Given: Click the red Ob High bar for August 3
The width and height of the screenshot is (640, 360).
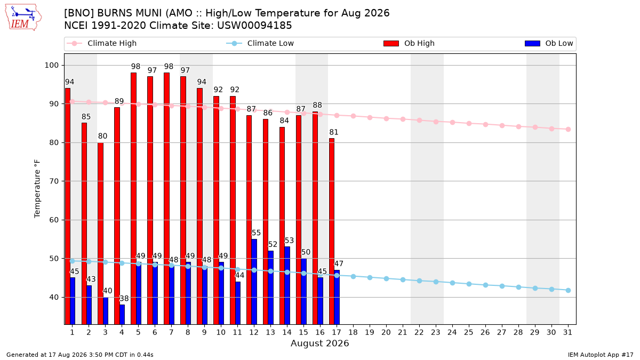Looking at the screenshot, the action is [x=101, y=234].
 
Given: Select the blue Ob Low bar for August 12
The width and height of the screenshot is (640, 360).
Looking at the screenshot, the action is [x=254, y=282].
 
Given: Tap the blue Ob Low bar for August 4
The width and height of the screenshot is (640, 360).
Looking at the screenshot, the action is [x=122, y=315].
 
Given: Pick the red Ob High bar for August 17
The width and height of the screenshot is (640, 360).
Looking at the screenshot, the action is [x=332, y=231].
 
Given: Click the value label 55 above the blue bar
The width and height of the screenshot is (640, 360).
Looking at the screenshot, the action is [x=256, y=233].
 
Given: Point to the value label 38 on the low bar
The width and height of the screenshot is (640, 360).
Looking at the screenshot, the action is [x=124, y=299].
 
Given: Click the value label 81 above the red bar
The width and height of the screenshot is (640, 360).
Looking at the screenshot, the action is [x=334, y=132].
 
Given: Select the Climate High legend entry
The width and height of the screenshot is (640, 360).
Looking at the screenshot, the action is [x=102, y=43].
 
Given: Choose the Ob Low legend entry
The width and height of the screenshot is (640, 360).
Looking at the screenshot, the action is [x=549, y=43].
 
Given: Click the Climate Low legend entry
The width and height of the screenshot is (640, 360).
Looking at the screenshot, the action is [x=260, y=43].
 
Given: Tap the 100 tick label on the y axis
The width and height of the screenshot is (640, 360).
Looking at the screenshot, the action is [x=51, y=66].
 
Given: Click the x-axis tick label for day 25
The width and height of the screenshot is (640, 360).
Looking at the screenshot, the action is [x=469, y=332].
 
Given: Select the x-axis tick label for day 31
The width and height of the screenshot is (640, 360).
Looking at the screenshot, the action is [x=567, y=332].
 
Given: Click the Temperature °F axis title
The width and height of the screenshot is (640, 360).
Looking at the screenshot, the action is [x=37, y=189].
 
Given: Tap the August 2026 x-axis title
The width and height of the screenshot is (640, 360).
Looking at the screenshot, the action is [x=319, y=343].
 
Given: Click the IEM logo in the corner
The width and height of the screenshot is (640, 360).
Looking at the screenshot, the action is [x=23, y=18].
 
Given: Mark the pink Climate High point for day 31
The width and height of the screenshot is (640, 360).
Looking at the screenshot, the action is [x=568, y=130].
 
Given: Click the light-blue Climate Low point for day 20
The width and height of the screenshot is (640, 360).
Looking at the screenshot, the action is [x=386, y=278].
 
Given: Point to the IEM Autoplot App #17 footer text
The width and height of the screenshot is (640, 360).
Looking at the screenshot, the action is [x=601, y=355].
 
